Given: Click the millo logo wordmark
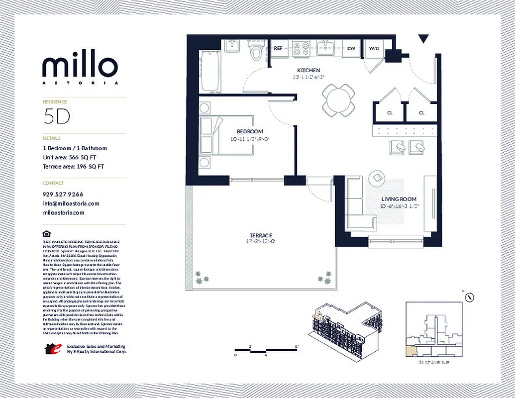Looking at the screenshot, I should [80, 66].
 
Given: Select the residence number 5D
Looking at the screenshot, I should [56, 116].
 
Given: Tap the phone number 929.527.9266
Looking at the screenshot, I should [63, 194].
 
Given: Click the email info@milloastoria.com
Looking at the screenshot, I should [71, 203].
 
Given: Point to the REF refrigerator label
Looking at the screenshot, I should [278, 48].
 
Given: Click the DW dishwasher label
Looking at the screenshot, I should [351, 48].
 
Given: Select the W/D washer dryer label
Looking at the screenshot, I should [374, 48].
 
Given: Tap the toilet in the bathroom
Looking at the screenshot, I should [256, 51].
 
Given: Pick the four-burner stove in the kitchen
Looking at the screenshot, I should [300, 48].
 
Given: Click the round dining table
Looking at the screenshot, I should [338, 99].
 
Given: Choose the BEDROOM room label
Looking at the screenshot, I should [249, 131].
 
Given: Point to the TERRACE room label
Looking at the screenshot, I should [261, 235].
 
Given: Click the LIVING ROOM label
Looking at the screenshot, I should [399, 199].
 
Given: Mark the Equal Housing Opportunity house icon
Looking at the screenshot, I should [46, 234].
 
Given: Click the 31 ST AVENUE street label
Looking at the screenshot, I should [434, 363].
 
